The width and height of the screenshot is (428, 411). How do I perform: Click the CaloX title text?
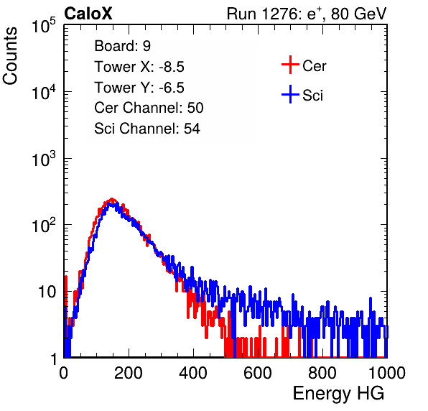[x=88, y=14]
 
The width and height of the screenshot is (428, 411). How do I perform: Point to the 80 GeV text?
[x=359, y=14]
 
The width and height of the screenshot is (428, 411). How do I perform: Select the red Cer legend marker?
[x=290, y=65]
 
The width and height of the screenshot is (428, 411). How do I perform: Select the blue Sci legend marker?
[x=290, y=95]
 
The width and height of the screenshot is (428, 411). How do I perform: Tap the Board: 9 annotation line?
[x=123, y=46]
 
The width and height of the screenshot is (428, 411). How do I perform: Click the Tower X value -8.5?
[x=172, y=67]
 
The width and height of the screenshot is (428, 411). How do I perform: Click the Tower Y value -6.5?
[x=172, y=88]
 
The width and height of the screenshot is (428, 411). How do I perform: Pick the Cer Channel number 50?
[x=195, y=108]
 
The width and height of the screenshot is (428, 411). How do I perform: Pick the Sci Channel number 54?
[x=192, y=129]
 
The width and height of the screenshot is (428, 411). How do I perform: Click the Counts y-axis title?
[x=10, y=56]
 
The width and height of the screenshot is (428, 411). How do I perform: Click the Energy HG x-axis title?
[x=338, y=394]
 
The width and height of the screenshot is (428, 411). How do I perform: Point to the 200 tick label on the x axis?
[x=129, y=373]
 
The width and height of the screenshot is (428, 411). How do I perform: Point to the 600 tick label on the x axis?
[x=258, y=373]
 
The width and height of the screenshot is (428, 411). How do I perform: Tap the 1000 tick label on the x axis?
[x=387, y=373]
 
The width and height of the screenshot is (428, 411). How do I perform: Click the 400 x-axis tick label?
[x=193, y=373]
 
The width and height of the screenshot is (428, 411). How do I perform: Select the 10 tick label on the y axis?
[x=47, y=292]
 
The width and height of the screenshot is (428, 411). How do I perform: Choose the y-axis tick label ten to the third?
[x=44, y=159]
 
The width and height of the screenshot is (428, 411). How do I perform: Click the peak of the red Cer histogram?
[x=111, y=199]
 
